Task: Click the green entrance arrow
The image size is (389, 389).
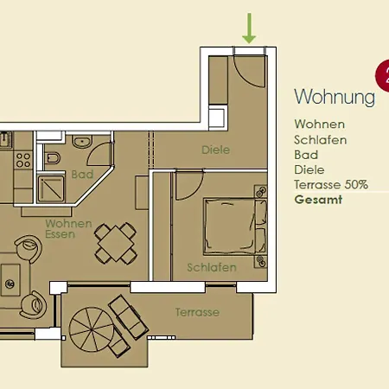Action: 249,29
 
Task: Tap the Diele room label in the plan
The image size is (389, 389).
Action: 215,150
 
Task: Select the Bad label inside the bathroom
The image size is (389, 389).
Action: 82,175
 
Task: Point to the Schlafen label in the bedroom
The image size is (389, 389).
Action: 212,267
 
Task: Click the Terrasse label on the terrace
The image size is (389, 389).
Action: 197,312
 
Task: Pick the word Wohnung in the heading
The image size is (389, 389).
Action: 335,97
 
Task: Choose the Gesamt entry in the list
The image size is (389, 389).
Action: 318,200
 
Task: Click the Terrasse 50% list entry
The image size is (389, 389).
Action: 331,184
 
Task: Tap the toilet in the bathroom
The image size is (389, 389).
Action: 53,158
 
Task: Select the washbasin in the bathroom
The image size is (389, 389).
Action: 82,141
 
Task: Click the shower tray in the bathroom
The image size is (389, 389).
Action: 51,188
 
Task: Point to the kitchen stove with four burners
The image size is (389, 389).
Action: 23,160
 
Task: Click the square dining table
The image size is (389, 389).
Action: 116,244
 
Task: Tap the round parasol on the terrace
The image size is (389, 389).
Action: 92,329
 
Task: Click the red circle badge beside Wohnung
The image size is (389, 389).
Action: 383,75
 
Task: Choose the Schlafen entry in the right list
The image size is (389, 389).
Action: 321,140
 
